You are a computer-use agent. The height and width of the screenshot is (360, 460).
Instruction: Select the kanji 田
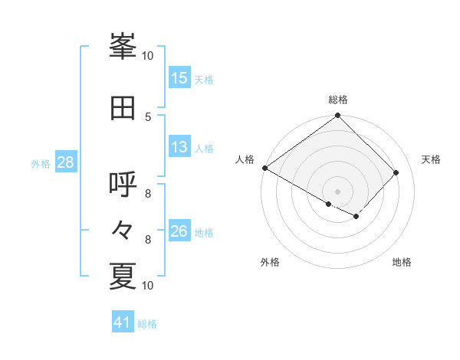(123, 107)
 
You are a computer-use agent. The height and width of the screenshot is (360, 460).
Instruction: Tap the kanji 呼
(123, 184)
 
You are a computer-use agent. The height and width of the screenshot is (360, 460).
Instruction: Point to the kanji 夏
(123, 276)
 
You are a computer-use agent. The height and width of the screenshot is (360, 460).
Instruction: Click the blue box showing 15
(179, 78)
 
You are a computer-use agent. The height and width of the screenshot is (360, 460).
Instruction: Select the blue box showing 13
(179, 148)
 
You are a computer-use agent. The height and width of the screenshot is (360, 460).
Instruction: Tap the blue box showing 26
(179, 232)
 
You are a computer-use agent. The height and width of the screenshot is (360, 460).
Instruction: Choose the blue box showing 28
(65, 162)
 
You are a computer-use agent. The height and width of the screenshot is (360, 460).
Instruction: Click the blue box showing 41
(123, 322)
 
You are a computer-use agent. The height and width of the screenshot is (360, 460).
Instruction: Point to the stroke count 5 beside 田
(148, 116)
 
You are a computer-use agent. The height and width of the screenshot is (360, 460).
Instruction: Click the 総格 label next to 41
(148, 324)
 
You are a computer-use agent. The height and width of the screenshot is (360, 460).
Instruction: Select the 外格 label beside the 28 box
(41, 163)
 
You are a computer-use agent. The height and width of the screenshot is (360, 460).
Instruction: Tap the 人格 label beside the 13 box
(204, 149)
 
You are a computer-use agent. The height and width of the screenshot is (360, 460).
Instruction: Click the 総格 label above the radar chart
(338, 100)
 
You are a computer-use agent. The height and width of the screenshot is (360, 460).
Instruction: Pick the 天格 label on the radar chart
(431, 159)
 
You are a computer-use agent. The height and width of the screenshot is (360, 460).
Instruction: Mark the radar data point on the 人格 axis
(265, 168)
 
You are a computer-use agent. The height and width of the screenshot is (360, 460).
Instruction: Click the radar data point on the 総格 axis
(338, 116)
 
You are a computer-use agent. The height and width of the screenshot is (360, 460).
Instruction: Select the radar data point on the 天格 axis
(396, 172)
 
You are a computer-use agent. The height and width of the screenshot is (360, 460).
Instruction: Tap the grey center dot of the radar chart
(337, 191)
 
